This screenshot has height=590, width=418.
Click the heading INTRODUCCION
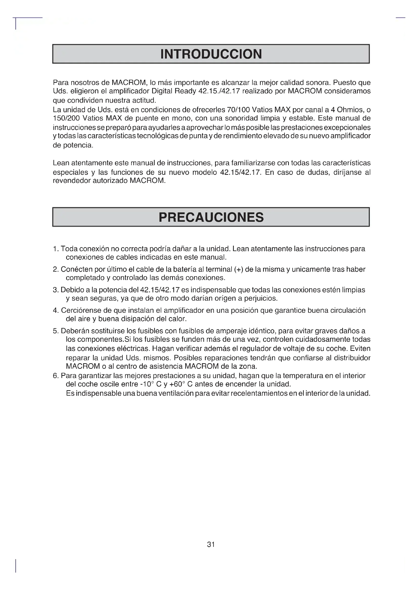pos(211,54)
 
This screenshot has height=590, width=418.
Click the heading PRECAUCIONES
pos(211,217)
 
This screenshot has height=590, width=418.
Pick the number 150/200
pos(66,118)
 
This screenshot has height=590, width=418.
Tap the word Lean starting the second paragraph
pos(61,163)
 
